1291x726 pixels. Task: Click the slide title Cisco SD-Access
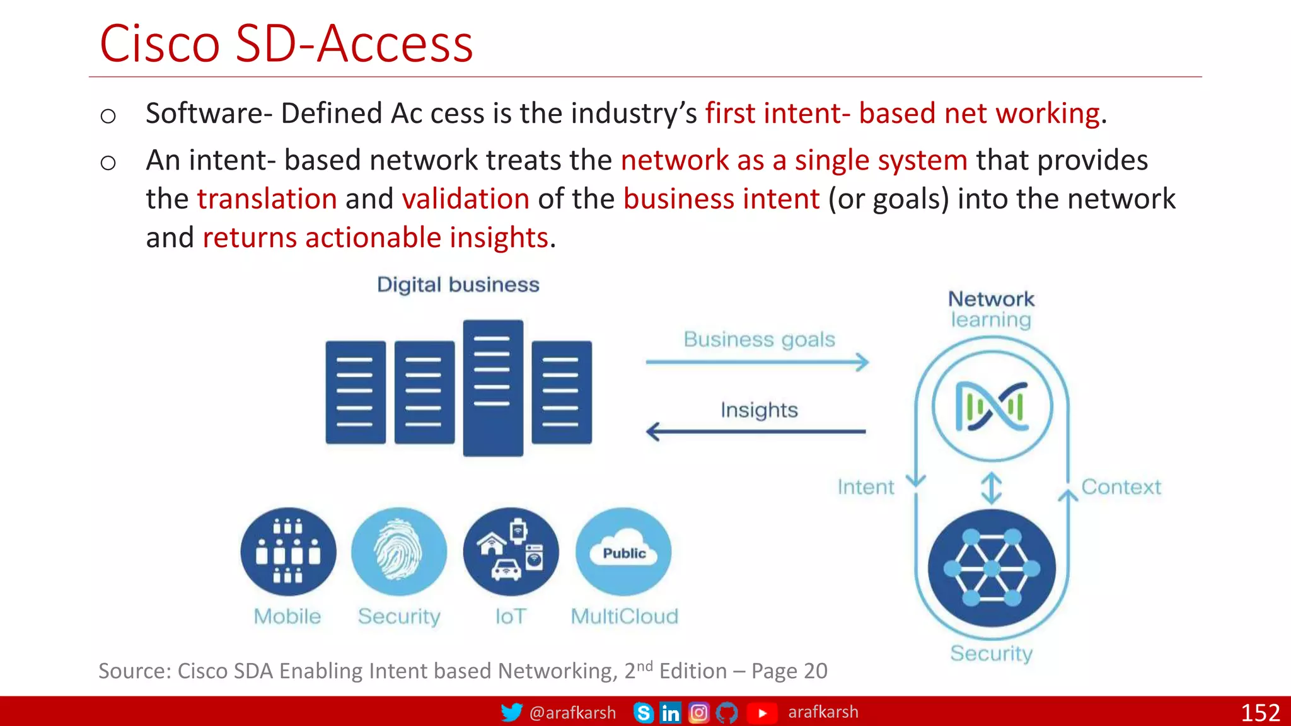286,44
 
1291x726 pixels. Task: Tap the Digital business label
458,285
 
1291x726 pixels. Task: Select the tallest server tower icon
493,388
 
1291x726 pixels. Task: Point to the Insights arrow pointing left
756,432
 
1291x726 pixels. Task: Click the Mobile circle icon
288,552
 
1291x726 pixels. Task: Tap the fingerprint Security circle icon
399,552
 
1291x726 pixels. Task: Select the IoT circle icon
511,552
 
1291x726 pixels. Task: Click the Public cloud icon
623,552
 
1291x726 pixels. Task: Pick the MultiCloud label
624,616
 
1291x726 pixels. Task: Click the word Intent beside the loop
865,487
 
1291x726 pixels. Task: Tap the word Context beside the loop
1121,487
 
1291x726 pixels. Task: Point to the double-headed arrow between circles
992,488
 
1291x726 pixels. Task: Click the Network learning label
991,309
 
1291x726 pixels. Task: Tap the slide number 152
1259,713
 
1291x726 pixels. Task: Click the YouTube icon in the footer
762,713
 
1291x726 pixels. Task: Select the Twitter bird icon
511,712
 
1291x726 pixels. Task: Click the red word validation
465,199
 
